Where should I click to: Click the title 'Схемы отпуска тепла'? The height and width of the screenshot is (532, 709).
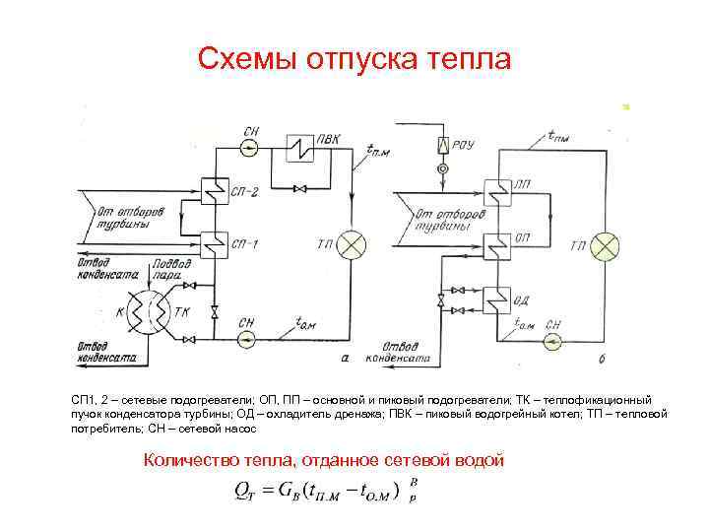click(x=354, y=59)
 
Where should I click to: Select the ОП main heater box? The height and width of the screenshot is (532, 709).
click(x=497, y=241)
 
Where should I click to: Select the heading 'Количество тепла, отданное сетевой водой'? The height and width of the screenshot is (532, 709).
click(x=324, y=458)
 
